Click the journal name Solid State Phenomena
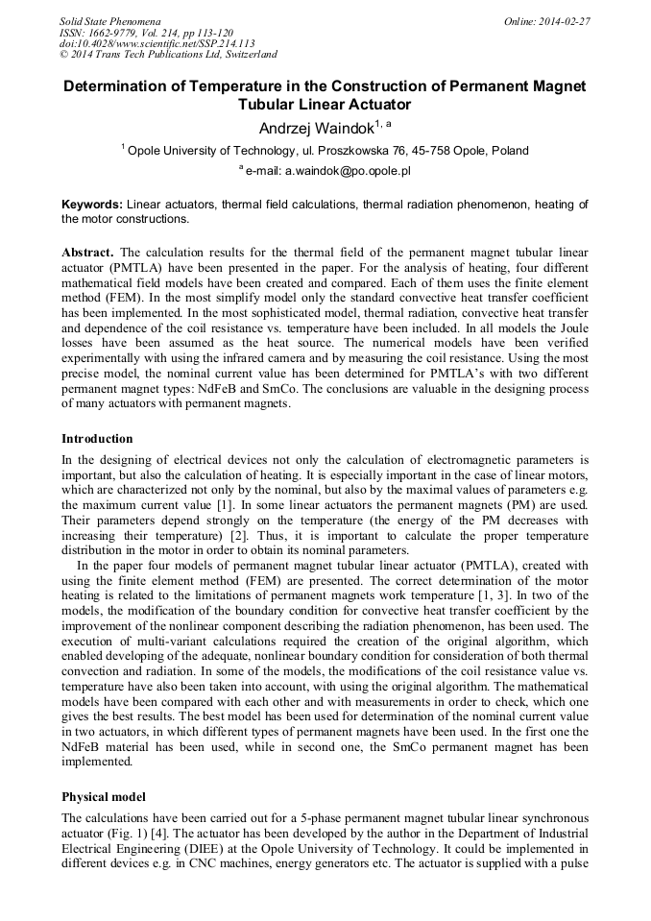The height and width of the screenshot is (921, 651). coord(110,20)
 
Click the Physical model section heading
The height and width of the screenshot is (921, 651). coord(104,797)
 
